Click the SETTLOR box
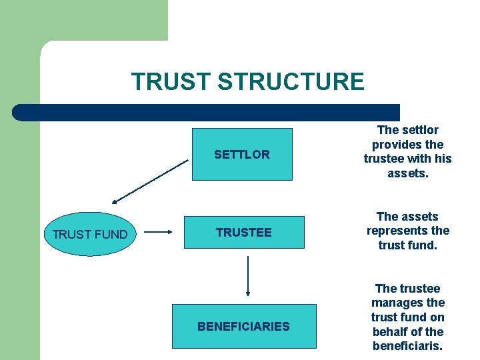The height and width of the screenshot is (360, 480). pyautogui.click(x=242, y=154)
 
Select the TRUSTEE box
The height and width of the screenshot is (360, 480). pyautogui.click(x=243, y=232)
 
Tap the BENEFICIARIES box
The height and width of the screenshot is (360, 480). pyautogui.click(x=243, y=326)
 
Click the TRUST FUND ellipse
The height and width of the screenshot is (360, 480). pyautogui.click(x=89, y=234)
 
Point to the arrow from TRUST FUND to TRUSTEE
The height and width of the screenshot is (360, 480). pyautogui.click(x=159, y=233)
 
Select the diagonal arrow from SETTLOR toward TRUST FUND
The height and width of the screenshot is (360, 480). pyautogui.click(x=151, y=181)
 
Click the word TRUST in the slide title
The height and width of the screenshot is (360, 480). pyautogui.click(x=171, y=82)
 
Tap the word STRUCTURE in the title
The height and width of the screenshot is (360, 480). pyautogui.click(x=291, y=82)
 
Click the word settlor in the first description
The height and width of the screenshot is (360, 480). pyautogui.click(x=418, y=130)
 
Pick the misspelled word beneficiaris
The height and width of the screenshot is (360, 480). pyautogui.click(x=407, y=346)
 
